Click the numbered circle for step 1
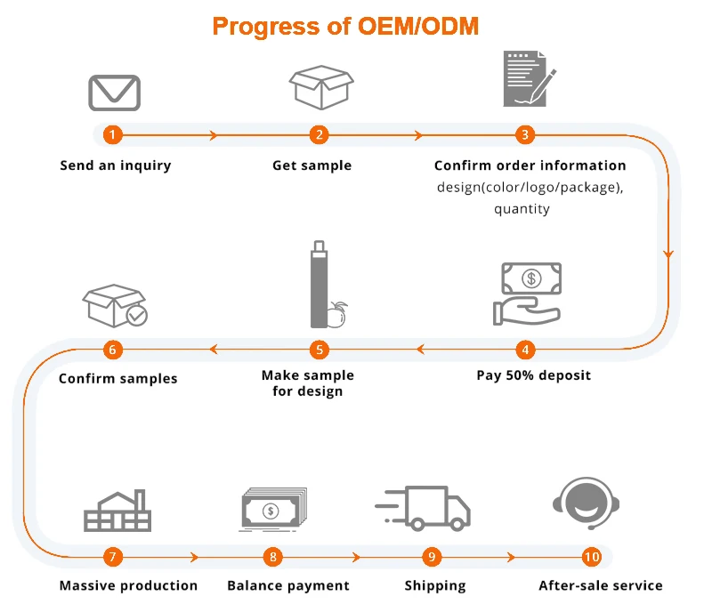pos(112,135)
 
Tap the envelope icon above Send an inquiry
pos(114,92)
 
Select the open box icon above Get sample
pos(320,86)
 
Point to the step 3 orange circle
pos(525,135)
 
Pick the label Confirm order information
pos(530,165)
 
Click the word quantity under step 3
pos(522,209)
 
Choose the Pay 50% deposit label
pos(533,374)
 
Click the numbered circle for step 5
pos(320,349)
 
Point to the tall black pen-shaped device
pos(318,283)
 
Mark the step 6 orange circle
pos(112,349)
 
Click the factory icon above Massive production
pos(117,510)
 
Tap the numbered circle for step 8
pos(273,558)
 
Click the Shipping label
pos(435,585)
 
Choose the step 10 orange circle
pos(591,558)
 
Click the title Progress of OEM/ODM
pos(345,26)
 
